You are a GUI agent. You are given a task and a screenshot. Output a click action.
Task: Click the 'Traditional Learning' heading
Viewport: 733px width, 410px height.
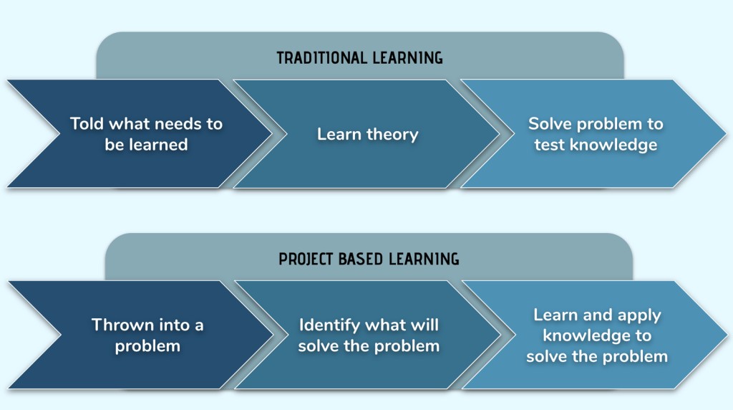pos(359,57)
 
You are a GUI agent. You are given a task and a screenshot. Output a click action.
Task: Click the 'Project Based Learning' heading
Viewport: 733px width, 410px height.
pos(369,259)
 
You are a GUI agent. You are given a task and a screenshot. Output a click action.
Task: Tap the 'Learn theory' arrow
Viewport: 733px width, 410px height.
pos(367,134)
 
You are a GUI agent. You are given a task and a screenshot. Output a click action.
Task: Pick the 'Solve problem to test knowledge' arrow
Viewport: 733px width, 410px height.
pos(596,134)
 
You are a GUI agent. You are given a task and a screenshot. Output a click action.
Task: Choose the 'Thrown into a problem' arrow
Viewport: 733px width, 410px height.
pos(147,335)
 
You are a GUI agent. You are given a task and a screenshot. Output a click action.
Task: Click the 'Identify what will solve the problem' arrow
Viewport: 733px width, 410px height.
pos(369,335)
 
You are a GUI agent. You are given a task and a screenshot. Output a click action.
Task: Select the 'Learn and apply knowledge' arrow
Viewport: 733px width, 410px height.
pos(597,335)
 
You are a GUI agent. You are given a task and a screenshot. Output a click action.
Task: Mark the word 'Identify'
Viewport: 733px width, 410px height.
pos(329,325)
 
